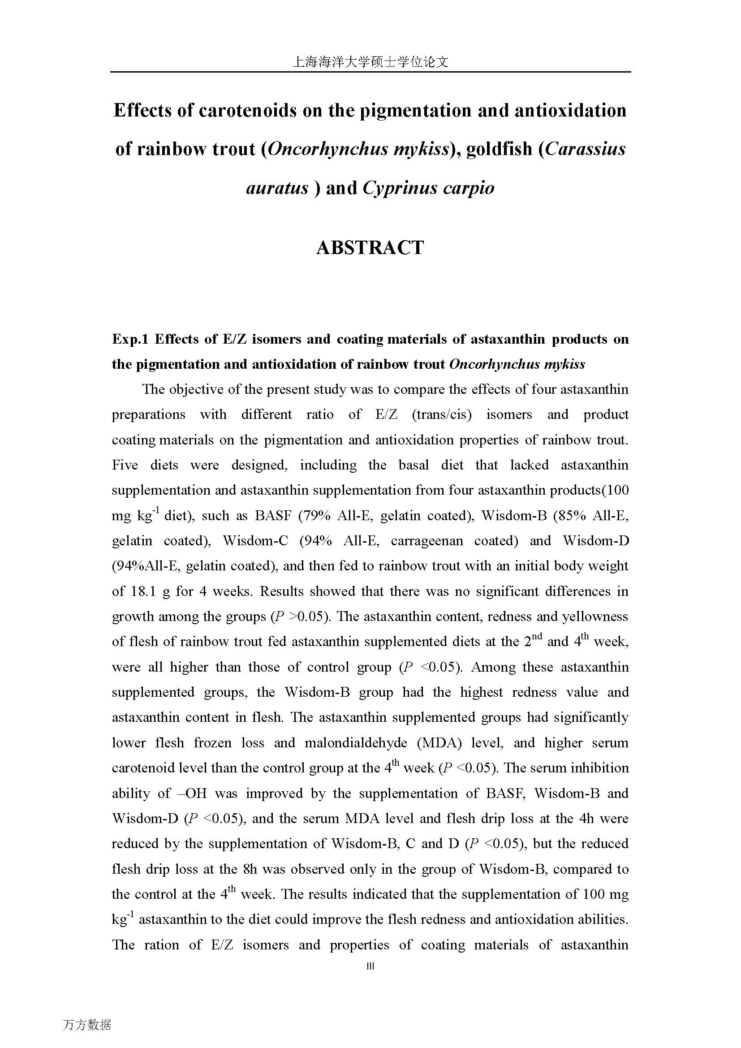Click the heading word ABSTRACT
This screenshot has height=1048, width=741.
pyautogui.click(x=370, y=248)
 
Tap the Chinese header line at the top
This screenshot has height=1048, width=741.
pyautogui.click(x=370, y=62)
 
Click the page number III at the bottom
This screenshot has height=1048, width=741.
pyautogui.click(x=370, y=966)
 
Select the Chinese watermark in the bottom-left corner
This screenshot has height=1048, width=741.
pyautogui.click(x=87, y=1025)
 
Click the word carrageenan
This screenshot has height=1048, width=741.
pyautogui.click(x=427, y=541)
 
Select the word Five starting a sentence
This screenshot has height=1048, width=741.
pyautogui.click(x=125, y=465)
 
